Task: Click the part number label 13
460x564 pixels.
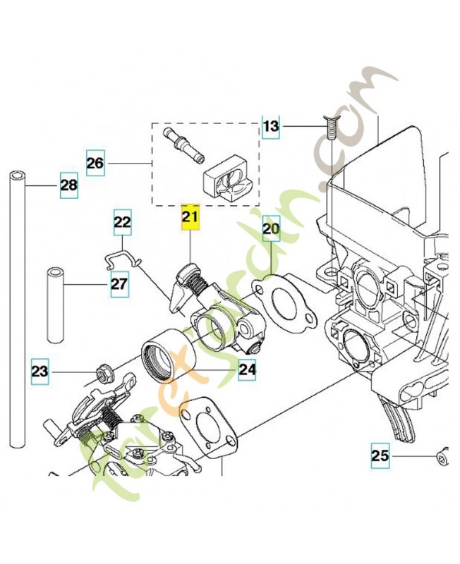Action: pyautogui.click(x=271, y=126)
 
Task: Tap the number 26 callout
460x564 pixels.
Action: pyautogui.click(x=95, y=164)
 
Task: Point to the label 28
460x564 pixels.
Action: pyautogui.click(x=68, y=186)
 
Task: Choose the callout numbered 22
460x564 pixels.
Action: pyautogui.click(x=123, y=223)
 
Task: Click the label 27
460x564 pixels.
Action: pyautogui.click(x=119, y=285)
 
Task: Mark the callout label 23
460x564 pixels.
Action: pyautogui.click(x=40, y=370)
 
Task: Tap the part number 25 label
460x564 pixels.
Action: pyautogui.click(x=380, y=456)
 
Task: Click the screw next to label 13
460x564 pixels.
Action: pyautogui.click(x=330, y=130)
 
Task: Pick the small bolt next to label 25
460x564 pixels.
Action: pyautogui.click(x=442, y=455)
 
